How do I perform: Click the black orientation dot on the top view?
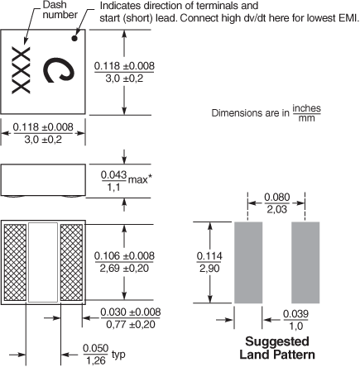pos(74,38)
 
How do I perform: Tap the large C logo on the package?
pos(59,69)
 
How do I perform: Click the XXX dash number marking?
pos(21,70)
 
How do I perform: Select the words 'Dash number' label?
pos(60,10)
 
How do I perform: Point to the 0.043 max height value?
pos(114,174)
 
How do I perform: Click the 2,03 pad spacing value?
pos(277,209)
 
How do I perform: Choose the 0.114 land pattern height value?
pos(209,256)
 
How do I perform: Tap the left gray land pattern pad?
pos(248,262)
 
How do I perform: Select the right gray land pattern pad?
pos(305,262)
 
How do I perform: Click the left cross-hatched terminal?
pos(15,262)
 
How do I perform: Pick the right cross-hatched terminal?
pos(71,262)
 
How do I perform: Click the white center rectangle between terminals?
pos(43,262)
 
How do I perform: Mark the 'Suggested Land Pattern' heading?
pos(277,348)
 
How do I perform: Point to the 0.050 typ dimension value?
pos(96,348)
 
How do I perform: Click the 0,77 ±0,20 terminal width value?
pos(131,325)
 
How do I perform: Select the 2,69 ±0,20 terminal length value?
pos(124,268)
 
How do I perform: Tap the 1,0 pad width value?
pos(295,326)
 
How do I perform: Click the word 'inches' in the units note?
pos(306,108)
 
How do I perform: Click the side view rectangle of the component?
pos(43,180)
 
